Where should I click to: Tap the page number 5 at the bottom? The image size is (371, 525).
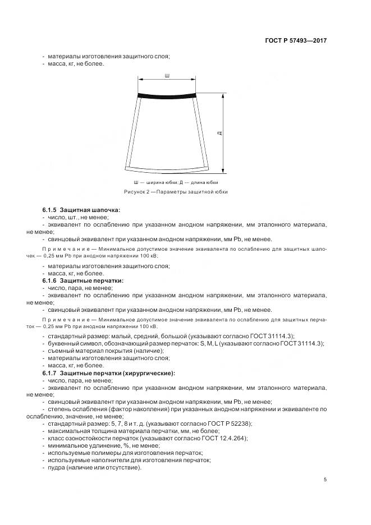326,480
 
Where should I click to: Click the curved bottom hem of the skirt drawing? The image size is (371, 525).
166,169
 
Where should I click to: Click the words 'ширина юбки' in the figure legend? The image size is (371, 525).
157,183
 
